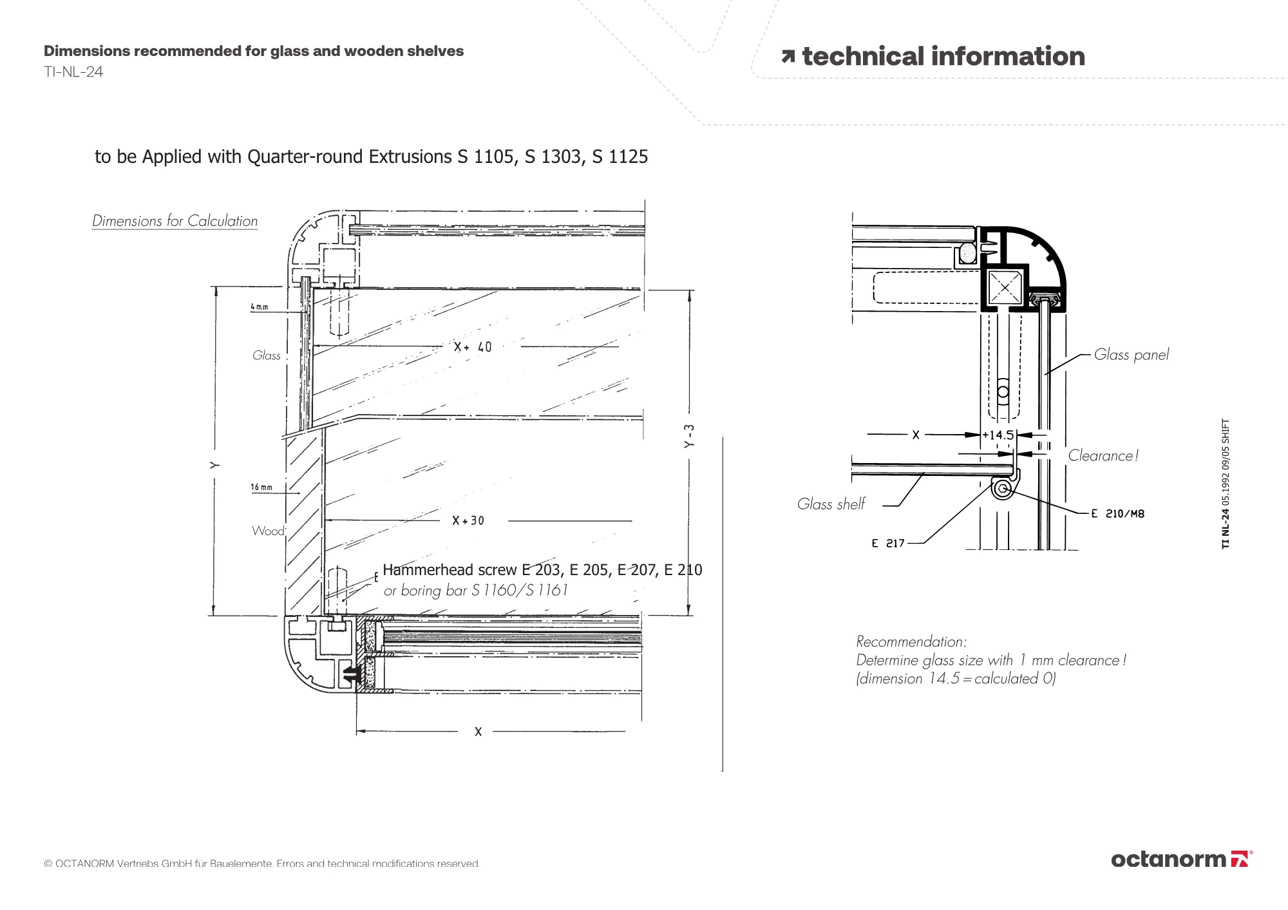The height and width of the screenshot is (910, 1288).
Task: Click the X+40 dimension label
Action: coord(473,347)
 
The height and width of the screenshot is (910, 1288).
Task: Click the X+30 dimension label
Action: coord(468,520)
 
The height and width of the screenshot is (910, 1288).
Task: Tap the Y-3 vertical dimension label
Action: coord(690,436)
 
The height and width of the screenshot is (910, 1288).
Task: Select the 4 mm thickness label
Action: coord(260,307)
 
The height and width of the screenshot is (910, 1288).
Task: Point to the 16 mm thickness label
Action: coord(261,488)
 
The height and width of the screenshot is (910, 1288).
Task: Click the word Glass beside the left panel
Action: coord(267,355)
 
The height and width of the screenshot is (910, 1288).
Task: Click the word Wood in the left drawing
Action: coord(268,531)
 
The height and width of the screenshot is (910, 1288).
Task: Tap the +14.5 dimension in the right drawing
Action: coord(998,435)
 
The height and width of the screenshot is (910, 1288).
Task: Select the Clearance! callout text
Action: coord(1103,456)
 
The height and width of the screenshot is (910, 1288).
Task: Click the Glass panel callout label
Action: coord(1131,355)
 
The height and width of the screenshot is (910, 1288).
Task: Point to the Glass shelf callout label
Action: coord(831,504)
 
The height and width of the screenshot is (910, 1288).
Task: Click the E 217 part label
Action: coord(888,544)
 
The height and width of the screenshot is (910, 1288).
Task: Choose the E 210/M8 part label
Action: coord(1118,514)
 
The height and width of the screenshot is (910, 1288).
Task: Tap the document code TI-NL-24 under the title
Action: coord(73,72)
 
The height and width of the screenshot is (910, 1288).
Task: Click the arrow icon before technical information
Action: coord(788,57)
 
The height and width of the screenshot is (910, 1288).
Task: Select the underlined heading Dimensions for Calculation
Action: coord(175,221)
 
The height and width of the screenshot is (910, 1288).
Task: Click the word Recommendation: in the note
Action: coord(911,641)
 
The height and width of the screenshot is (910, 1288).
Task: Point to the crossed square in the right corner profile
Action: coord(1005,287)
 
